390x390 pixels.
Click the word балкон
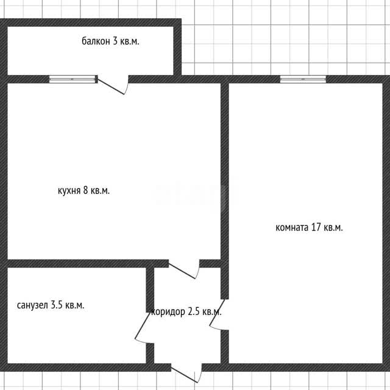pyautogui.click(x=96, y=41)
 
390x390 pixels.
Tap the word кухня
pyautogui.click(x=69, y=191)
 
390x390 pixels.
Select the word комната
pyautogui.click(x=292, y=227)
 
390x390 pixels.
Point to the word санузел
pyautogui.click(x=32, y=305)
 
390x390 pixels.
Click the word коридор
pyautogui.click(x=168, y=312)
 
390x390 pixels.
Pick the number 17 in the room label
pyautogui.click(x=316, y=227)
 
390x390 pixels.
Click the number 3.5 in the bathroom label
pyautogui.click(x=57, y=305)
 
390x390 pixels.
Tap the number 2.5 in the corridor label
pyautogui.click(x=194, y=311)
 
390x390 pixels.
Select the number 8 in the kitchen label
pyautogui.click(x=85, y=190)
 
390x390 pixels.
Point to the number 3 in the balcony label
pyautogui.click(x=115, y=41)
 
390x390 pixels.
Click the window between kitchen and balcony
pyautogui.click(x=73, y=79)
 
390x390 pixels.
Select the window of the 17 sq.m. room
pyautogui.click(x=303, y=79)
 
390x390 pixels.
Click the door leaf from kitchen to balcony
pyautogui.click(x=110, y=87)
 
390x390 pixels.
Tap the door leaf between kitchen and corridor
pyautogui.click(x=182, y=271)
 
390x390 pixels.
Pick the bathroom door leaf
pyautogui.click(x=143, y=325)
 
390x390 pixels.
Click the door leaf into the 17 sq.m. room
pyautogui.click(x=217, y=312)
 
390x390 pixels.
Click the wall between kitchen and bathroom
pyautogui.click(x=85, y=264)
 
